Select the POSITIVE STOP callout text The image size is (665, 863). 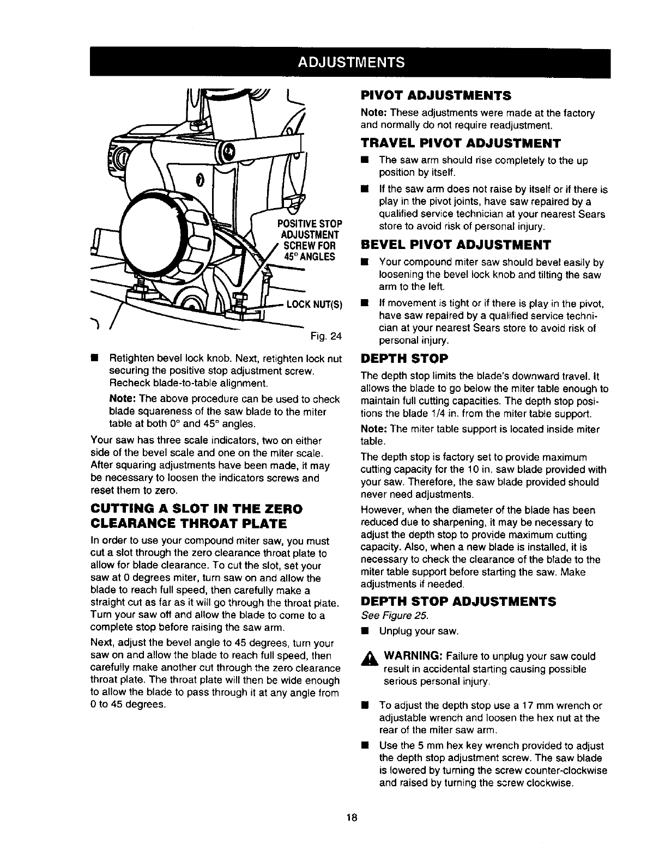309,224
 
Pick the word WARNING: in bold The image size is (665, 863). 408,656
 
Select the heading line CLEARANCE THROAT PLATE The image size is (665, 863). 188,524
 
